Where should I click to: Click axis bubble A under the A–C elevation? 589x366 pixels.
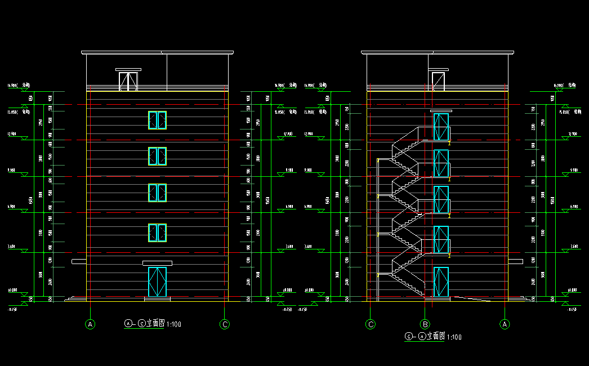pos(90,324)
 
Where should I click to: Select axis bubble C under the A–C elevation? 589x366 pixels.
pos(225,324)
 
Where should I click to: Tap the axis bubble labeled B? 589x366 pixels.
pos(425,324)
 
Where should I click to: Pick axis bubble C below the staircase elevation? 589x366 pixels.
pos(371,324)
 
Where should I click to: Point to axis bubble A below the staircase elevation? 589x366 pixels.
pos(505,324)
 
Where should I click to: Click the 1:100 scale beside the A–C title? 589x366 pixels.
pos(174,324)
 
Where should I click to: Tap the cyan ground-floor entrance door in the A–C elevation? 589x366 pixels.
pos(157,282)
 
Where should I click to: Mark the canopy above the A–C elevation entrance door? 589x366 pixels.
pos(157,263)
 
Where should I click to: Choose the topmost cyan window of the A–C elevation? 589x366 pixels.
pos(157,120)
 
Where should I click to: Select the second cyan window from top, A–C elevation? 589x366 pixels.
pos(157,156)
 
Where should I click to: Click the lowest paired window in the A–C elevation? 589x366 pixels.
pos(157,233)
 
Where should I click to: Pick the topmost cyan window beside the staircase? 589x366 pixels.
pos(441,127)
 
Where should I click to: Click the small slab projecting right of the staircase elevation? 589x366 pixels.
pos(515,261)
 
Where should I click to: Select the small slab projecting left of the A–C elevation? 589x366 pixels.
pos(79,262)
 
